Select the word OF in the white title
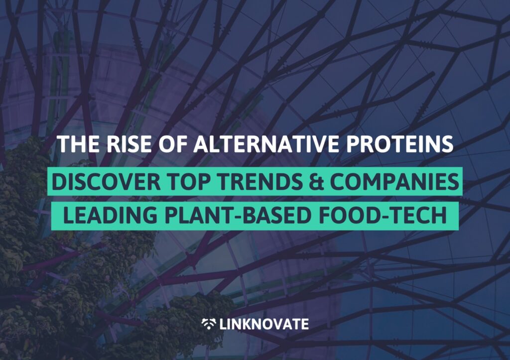[172, 144]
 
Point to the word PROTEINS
[400, 144]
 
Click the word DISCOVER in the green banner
[106, 182]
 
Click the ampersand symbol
[317, 182]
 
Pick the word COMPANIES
[394, 182]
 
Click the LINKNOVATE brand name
[264, 324]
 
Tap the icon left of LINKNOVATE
[209, 324]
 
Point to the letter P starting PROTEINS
[353, 144]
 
